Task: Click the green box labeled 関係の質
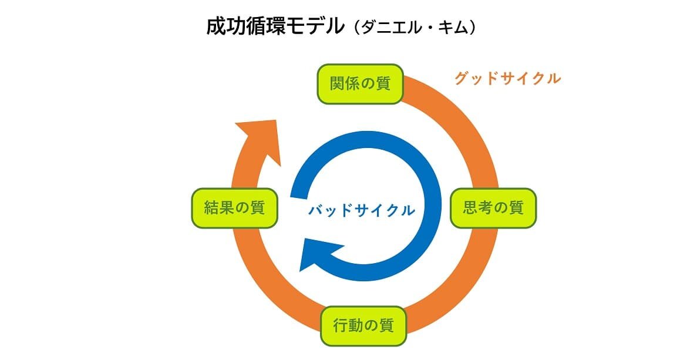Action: [360, 84]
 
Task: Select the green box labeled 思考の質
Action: [493, 208]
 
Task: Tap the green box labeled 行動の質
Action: [363, 325]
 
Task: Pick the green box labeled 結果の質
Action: [234, 208]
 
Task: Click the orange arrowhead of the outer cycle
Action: [259, 140]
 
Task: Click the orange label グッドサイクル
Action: [507, 78]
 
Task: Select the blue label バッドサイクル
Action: [362, 210]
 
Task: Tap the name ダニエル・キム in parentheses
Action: [415, 28]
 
